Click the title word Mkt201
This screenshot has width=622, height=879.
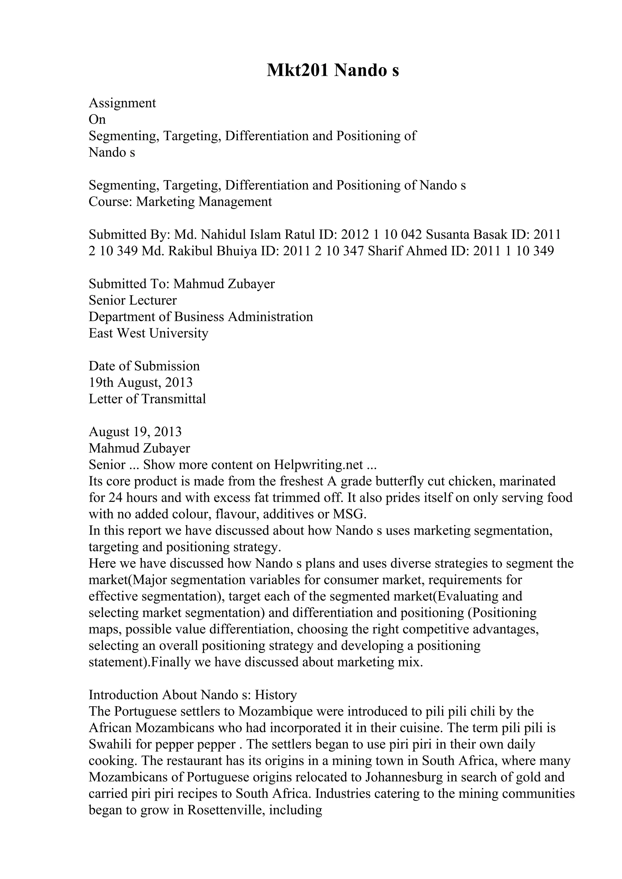click(297, 70)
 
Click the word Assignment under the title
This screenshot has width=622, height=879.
click(122, 103)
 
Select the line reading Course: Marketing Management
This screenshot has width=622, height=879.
click(180, 201)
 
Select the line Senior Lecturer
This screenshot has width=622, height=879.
click(133, 300)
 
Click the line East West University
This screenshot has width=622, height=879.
click(148, 333)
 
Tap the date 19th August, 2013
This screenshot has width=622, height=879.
click(141, 382)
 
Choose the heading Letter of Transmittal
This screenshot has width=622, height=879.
click(147, 399)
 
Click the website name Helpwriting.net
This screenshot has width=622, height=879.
click(318, 465)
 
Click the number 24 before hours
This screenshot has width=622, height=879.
click(115, 498)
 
